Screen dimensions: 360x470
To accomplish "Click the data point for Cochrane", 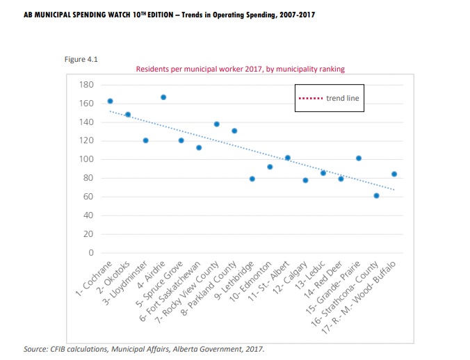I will pyautogui.click(x=110, y=101).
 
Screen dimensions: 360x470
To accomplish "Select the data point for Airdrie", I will pyautogui.click(x=163, y=97).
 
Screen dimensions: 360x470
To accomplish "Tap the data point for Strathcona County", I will pyautogui.click(x=376, y=196).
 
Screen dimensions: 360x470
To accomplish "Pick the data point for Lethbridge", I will pyautogui.click(x=252, y=179).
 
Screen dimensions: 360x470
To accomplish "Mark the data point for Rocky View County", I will pyautogui.click(x=217, y=124).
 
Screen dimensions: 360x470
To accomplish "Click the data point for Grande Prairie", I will pyautogui.click(x=359, y=158).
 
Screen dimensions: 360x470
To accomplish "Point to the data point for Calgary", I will pyautogui.click(x=305, y=181).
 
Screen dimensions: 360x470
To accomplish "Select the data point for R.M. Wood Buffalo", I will pyautogui.click(x=394, y=174).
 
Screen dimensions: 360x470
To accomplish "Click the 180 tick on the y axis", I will pyautogui.click(x=87, y=85).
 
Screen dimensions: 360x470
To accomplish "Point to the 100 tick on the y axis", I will pyautogui.click(x=87, y=160).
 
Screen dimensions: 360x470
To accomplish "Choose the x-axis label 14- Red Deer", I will pyautogui.click(x=325, y=282).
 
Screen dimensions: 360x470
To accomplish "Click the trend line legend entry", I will pyautogui.click(x=329, y=99).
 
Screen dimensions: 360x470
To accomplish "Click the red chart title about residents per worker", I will pyautogui.click(x=241, y=69).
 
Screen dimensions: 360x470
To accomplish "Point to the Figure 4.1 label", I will pyautogui.click(x=81, y=59).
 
